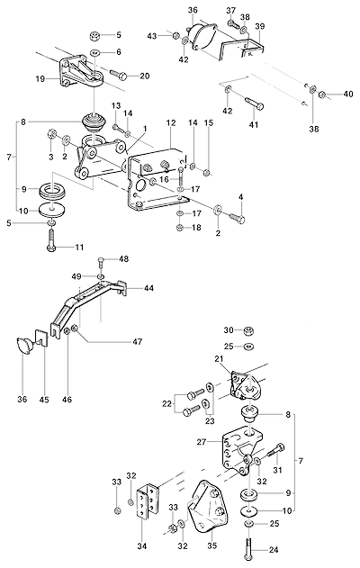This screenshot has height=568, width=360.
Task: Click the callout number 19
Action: coord(40,78)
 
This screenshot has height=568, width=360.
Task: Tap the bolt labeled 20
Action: coord(118,75)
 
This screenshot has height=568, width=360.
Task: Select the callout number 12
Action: coord(171,122)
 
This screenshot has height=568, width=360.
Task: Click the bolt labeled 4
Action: coord(237,218)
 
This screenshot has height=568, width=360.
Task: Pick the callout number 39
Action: coord(260,26)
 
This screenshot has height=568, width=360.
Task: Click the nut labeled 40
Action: coord(321,95)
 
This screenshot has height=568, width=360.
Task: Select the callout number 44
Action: coord(148,288)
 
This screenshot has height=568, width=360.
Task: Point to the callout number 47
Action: coord(138,341)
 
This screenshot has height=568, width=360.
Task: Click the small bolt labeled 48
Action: coord(101,264)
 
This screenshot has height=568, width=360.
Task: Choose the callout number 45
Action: coord(45,400)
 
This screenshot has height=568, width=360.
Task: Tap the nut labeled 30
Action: coord(248,330)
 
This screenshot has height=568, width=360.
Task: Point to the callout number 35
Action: coord(211,546)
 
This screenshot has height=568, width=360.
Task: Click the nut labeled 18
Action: coord(179,228)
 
